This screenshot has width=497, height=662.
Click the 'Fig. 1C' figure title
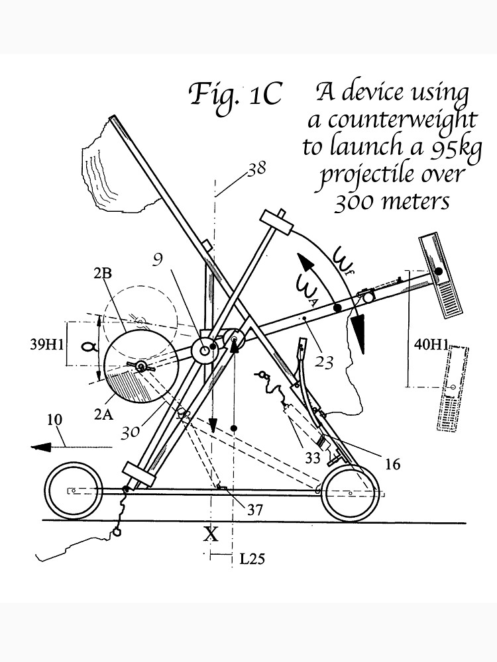pyautogui.click(x=236, y=95)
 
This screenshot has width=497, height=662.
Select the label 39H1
pyautogui.click(x=48, y=345)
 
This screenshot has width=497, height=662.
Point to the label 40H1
pyautogui.click(x=431, y=344)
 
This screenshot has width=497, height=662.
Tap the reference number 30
pyautogui.click(x=132, y=431)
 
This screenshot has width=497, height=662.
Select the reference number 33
pyautogui.click(x=312, y=456)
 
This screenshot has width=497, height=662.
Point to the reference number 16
pyautogui.click(x=392, y=464)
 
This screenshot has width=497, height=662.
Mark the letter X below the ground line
pyautogui.click(x=210, y=534)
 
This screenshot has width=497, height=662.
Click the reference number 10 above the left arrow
pyautogui.click(x=54, y=420)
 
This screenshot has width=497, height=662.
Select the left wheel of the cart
pyautogui.click(x=74, y=491)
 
